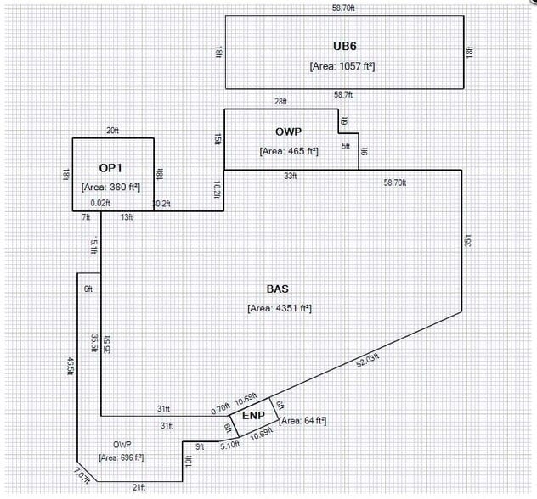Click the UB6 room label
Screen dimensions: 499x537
coord(343,45)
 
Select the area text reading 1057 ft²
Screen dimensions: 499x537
coord(343,64)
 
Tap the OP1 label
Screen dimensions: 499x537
coord(111,168)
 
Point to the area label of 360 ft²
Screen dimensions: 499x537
coord(110,187)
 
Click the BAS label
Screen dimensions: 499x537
coord(279,289)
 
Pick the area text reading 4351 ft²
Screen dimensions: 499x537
coord(279,308)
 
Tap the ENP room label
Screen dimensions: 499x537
coord(253,416)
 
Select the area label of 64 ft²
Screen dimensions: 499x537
coord(302,421)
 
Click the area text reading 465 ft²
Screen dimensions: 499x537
coord(289,151)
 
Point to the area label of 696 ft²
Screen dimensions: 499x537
coord(121,457)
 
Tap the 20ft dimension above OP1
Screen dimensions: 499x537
coord(112,131)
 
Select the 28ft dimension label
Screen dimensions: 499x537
coord(280,102)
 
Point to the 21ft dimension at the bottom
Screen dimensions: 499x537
coord(138,486)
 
